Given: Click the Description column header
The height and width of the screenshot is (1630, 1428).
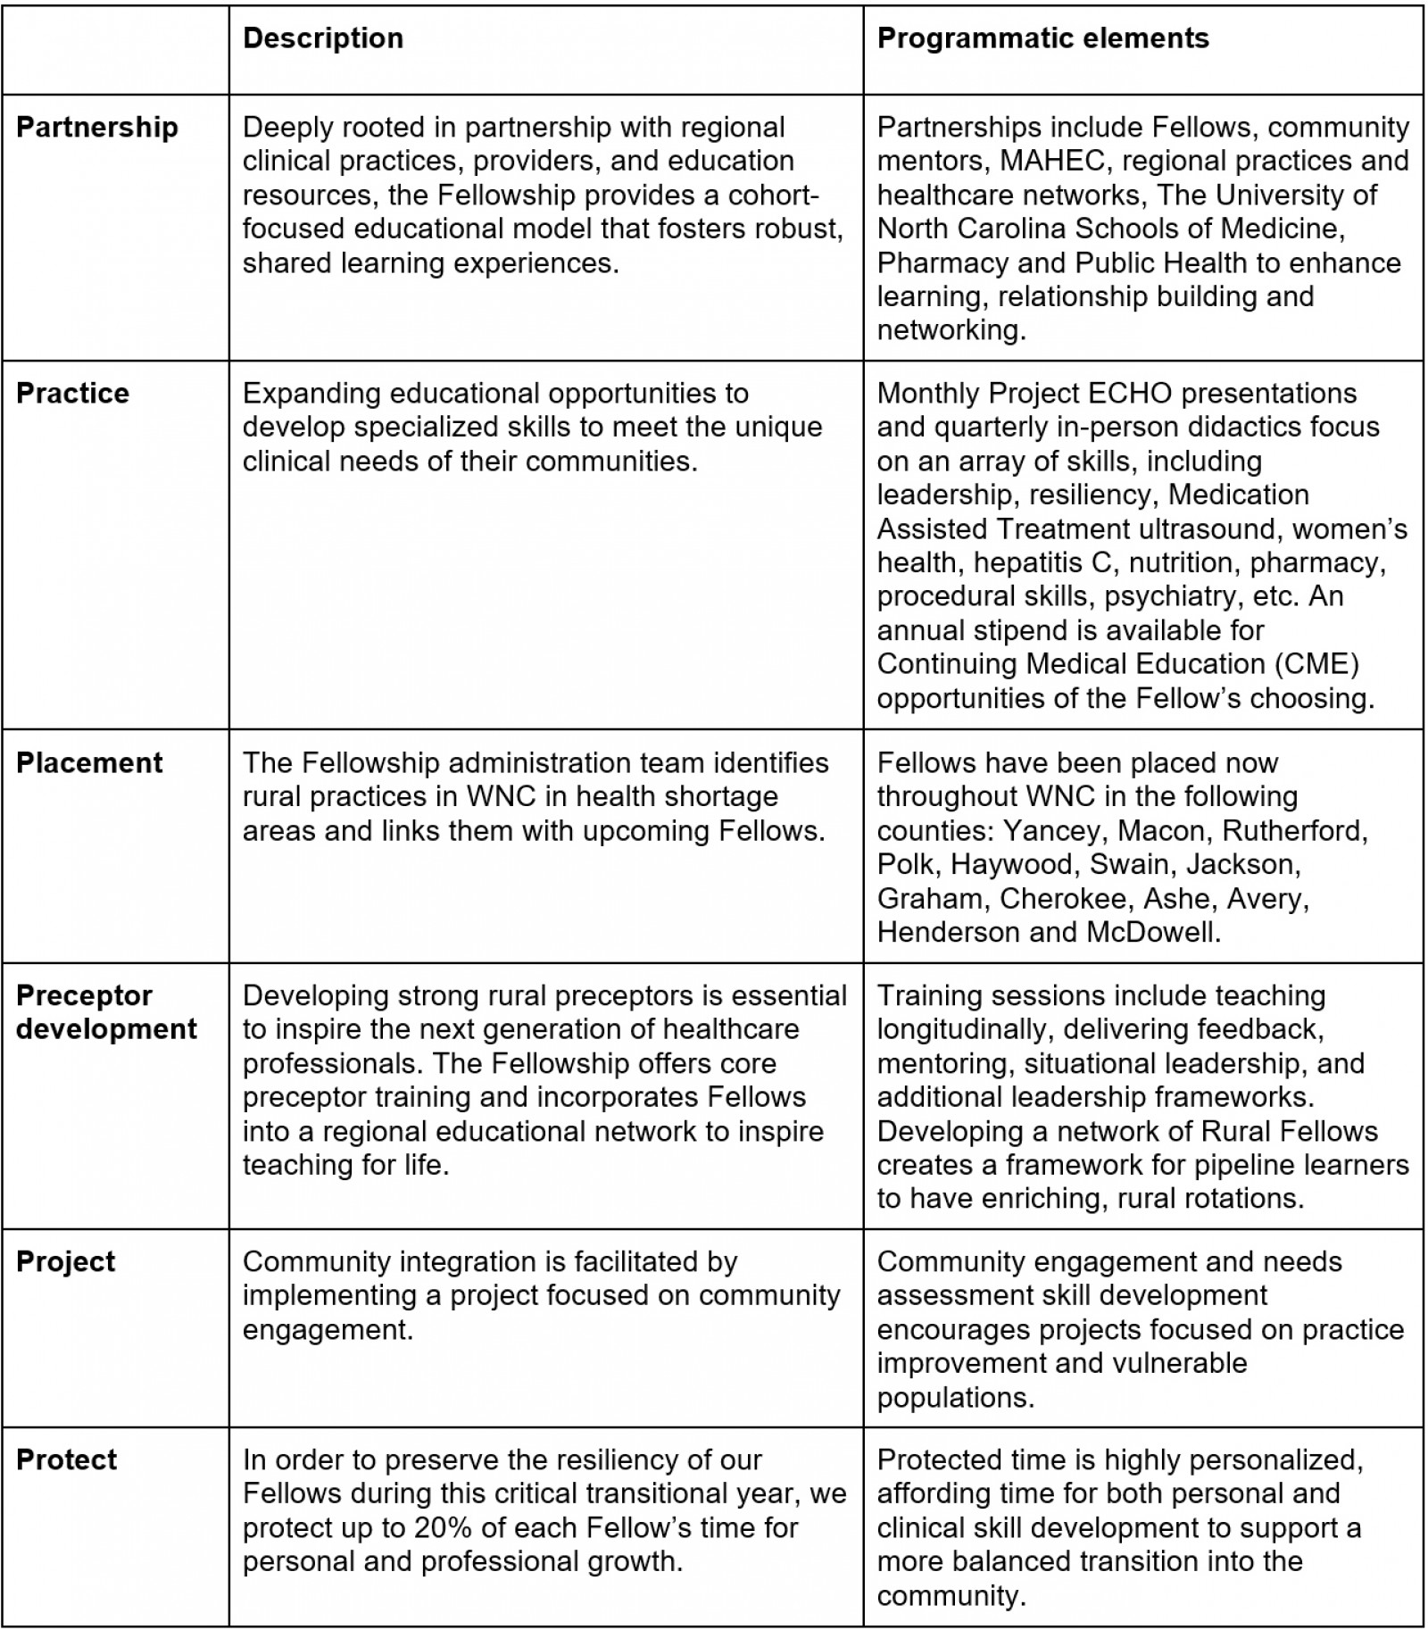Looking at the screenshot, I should click(x=322, y=38).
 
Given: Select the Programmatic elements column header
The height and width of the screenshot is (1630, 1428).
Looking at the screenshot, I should click(x=1042, y=38).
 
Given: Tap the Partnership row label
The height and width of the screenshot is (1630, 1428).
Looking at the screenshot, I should click(x=97, y=127).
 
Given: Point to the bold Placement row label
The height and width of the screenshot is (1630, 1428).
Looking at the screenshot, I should click(x=89, y=762).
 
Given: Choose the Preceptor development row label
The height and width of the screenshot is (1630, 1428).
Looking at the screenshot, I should click(x=106, y=1012).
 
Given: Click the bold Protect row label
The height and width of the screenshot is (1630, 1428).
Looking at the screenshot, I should click(x=67, y=1460).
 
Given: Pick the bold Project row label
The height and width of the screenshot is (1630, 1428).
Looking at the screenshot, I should click(x=66, y=1261).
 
